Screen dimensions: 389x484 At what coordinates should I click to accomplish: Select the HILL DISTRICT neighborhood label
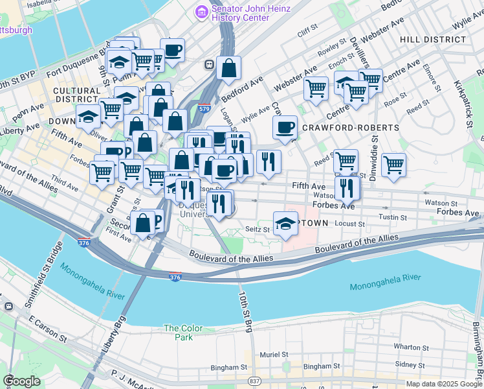point(432,40)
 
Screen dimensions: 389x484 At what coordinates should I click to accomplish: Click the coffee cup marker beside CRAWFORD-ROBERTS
point(284,128)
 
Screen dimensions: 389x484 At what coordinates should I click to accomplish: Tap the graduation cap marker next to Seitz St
point(285,224)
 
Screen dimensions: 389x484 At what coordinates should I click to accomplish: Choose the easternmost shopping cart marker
point(393,165)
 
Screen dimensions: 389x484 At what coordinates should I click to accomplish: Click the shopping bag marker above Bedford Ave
point(228,67)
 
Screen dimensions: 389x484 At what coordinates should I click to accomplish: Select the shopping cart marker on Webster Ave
point(316,87)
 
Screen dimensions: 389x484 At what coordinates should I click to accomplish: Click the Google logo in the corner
point(21,381)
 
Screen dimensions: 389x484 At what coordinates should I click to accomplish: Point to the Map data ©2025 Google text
point(444,384)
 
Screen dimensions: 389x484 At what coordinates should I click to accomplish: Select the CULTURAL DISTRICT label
point(76,95)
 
